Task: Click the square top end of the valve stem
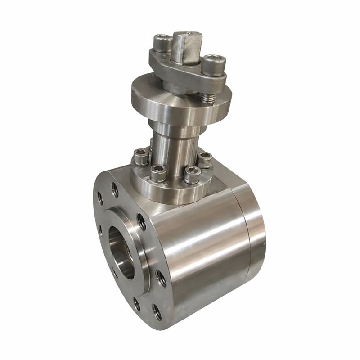click(185, 45)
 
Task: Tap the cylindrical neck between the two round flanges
click(175, 144)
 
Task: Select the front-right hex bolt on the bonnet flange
click(192, 175)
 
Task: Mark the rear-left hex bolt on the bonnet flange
click(141, 157)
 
